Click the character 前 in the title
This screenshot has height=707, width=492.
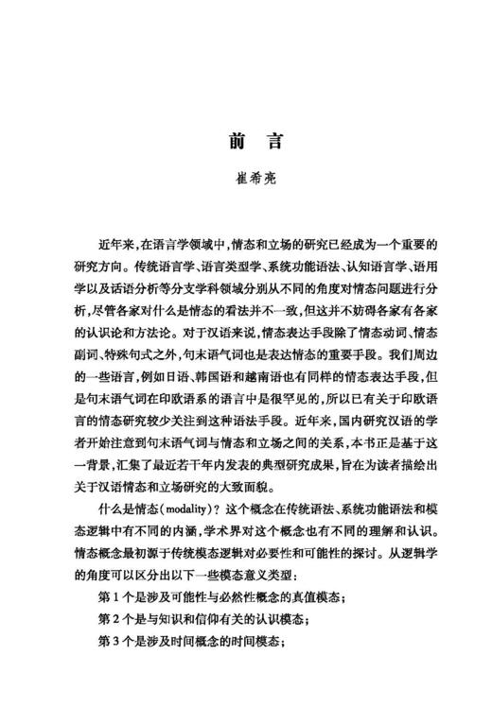coord(233,142)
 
